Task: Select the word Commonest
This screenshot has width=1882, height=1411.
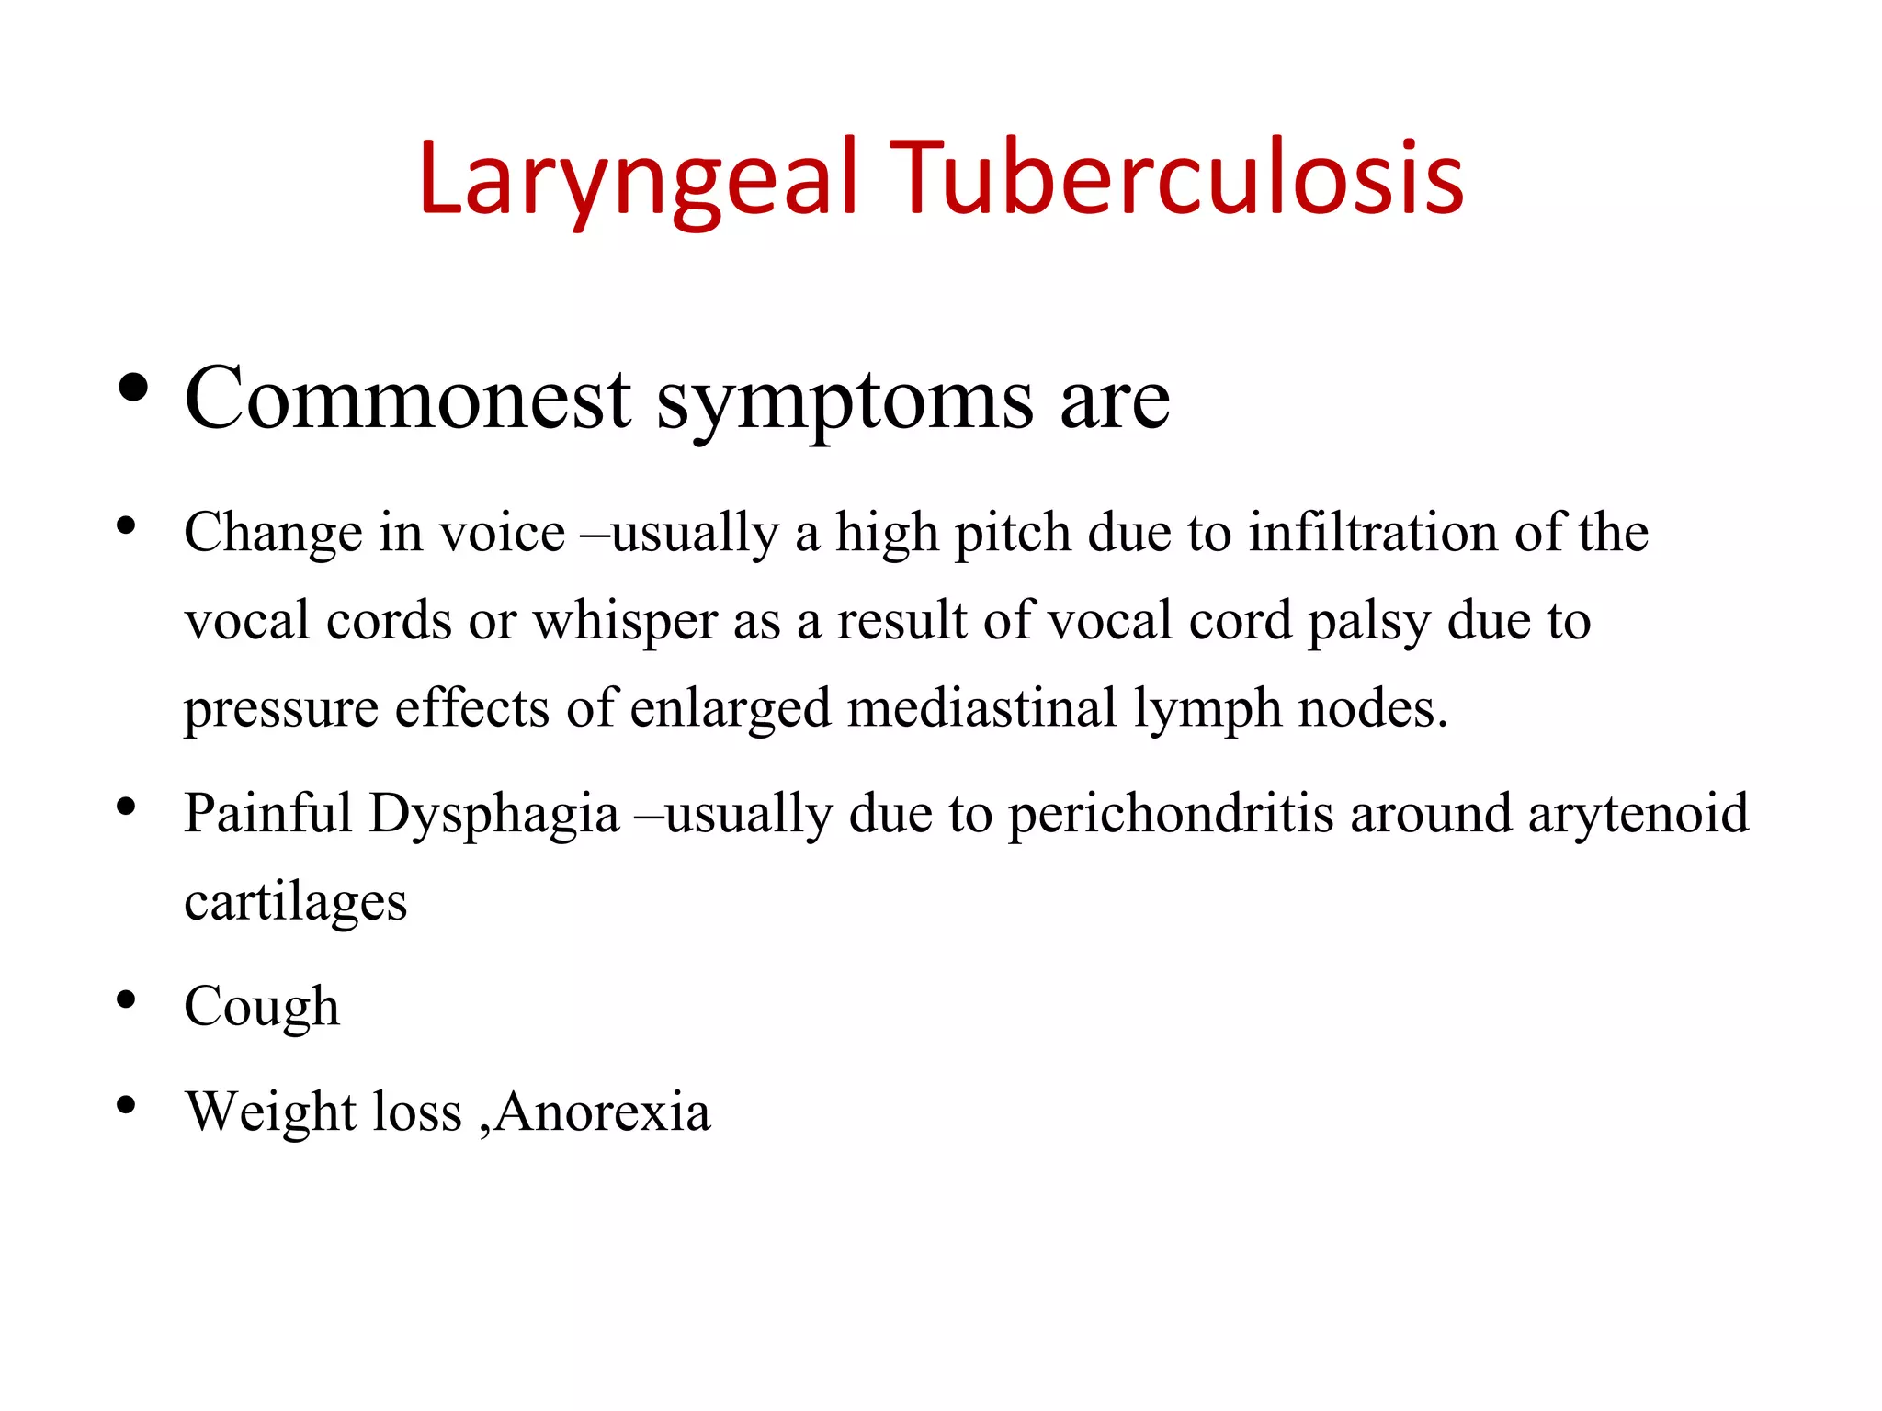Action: (407, 399)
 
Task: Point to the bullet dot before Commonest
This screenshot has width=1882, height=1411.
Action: (134, 389)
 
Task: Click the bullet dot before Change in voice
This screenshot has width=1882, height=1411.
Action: (127, 526)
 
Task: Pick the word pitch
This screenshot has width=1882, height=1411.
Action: (1013, 534)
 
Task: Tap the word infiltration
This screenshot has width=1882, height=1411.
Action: (1373, 532)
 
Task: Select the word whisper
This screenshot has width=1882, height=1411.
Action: (625, 621)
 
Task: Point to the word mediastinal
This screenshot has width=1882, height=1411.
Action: (981, 708)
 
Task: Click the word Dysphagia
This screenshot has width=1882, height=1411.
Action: (494, 815)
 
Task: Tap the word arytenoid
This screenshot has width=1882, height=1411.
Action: (1638, 815)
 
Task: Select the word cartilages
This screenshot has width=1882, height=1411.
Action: (295, 902)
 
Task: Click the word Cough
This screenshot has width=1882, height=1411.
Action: (262, 1007)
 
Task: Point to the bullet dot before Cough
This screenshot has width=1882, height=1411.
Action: (127, 999)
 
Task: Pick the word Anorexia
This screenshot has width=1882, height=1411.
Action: (603, 1112)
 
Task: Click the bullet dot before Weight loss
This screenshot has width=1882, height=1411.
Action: (127, 1104)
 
